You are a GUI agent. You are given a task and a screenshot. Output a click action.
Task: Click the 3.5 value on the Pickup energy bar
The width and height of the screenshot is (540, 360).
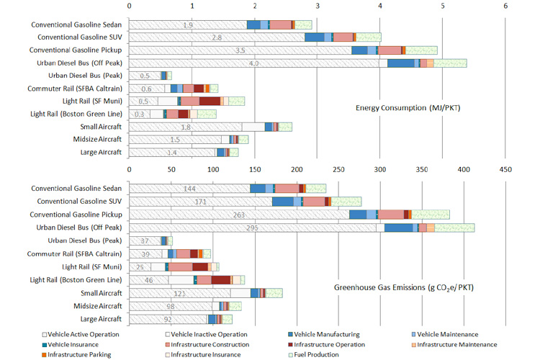point(240,50)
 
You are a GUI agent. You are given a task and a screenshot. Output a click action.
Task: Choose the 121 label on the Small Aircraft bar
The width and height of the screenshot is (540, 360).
point(179,293)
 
